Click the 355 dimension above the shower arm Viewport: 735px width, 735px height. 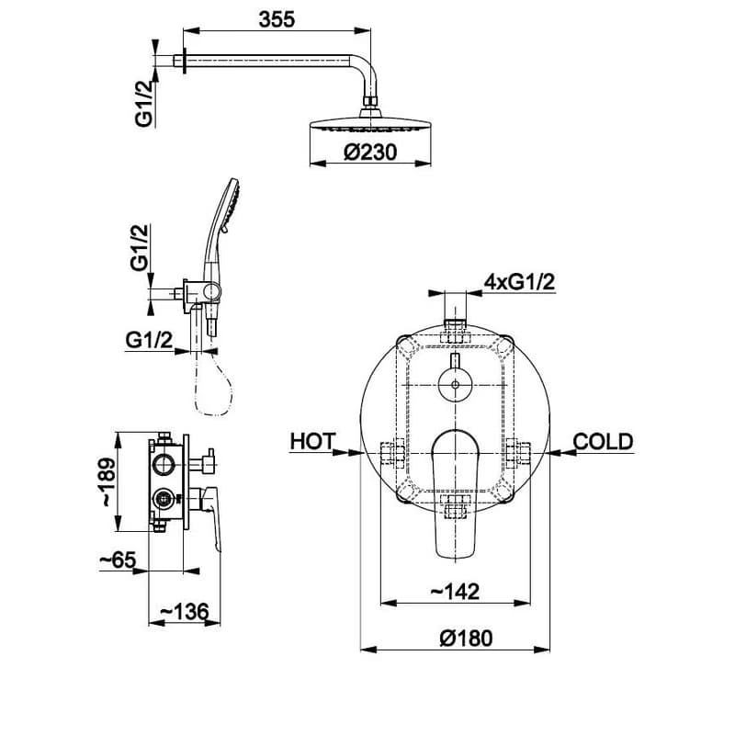(277, 19)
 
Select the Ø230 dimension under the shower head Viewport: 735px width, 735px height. (370, 152)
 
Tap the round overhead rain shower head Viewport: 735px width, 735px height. (370, 123)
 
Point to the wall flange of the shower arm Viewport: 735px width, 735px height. (185, 61)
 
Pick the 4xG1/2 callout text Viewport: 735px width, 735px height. (519, 282)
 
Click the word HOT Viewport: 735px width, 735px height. (312, 442)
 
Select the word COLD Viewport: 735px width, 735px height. (603, 442)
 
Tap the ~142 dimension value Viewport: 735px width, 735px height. (455, 592)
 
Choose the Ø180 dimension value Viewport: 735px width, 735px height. (466, 639)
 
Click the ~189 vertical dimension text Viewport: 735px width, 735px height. (107, 481)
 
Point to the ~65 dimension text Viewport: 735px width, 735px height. (118, 560)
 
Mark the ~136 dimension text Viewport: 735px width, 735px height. (185, 611)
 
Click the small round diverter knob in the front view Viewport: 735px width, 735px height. (455, 384)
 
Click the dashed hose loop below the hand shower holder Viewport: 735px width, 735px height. (212, 382)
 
